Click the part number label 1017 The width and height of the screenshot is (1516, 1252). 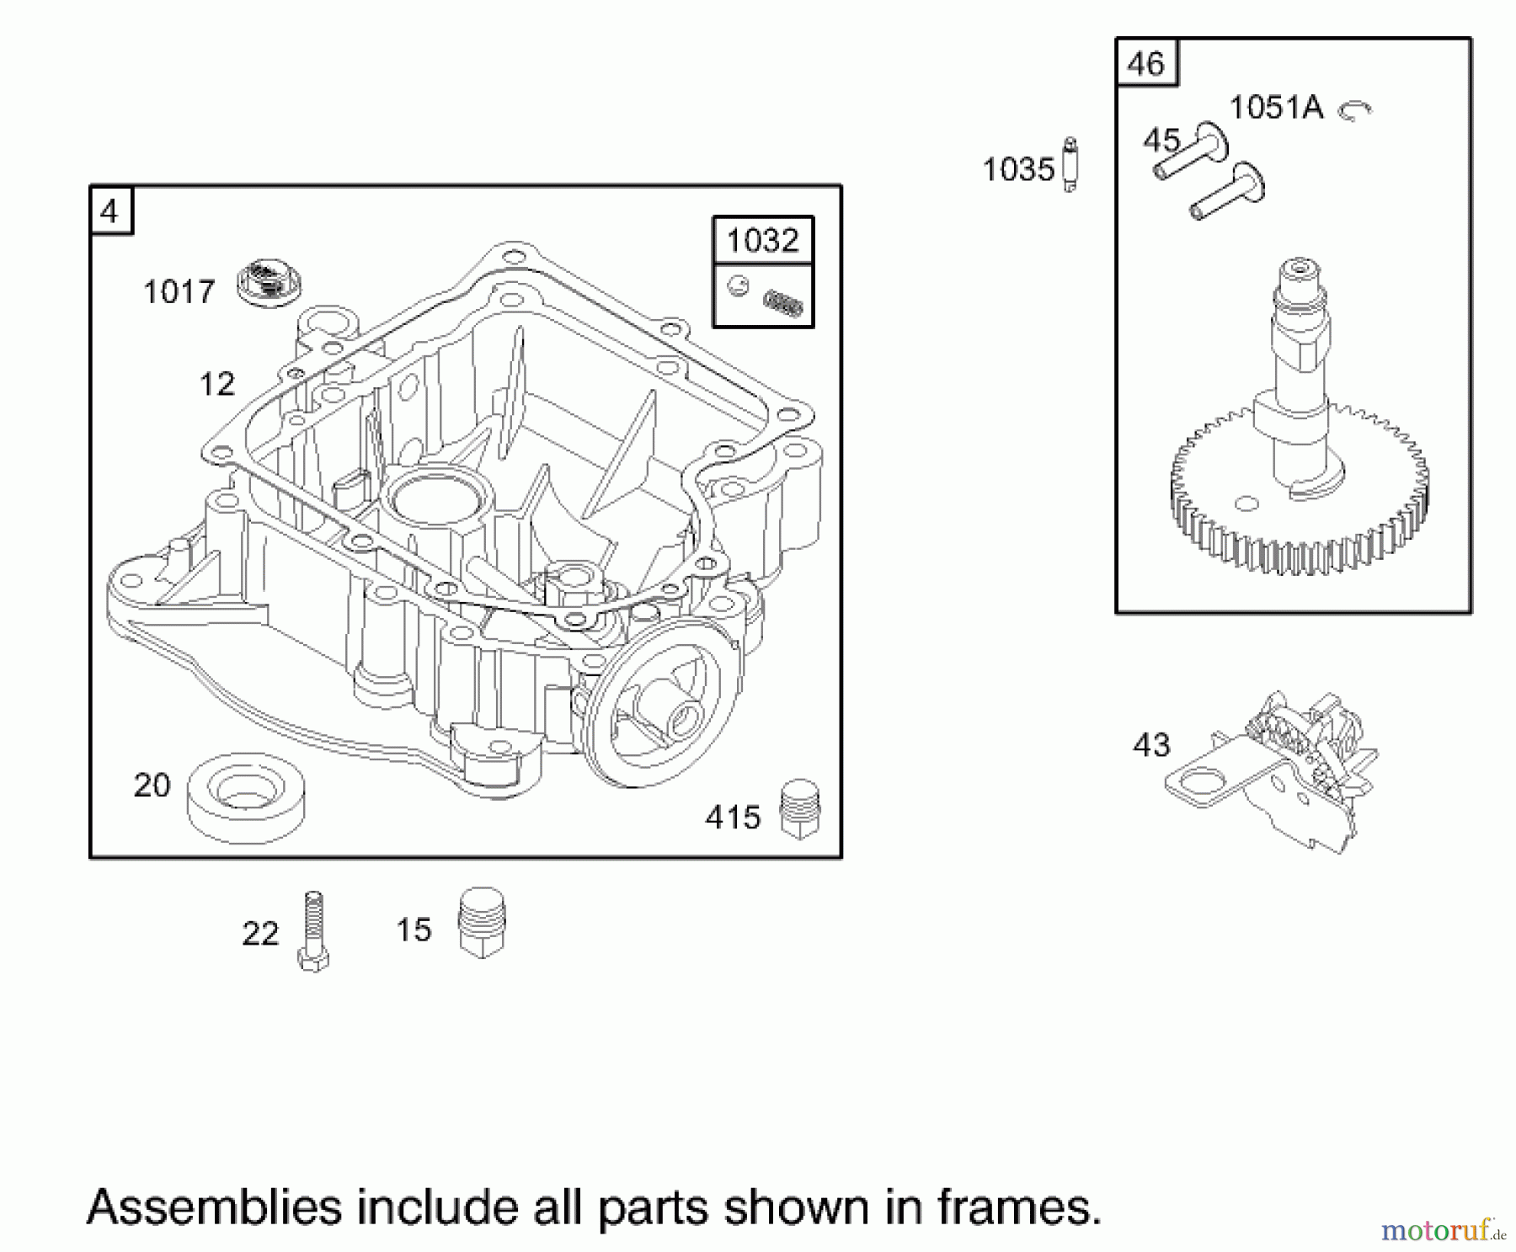[x=179, y=292]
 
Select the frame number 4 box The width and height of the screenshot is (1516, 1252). [x=109, y=210]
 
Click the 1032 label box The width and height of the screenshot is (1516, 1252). [x=762, y=241]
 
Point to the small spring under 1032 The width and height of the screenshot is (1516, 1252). [x=782, y=304]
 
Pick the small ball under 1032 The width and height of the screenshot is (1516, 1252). [x=738, y=286]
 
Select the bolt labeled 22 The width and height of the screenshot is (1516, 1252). [x=312, y=931]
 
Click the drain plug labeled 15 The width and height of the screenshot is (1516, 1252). [x=482, y=922]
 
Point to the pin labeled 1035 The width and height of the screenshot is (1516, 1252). [x=1070, y=165]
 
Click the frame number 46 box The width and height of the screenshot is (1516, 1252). [x=1146, y=63]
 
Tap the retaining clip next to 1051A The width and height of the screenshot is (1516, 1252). [x=1354, y=109]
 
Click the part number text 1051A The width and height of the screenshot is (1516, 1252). [x=1275, y=108]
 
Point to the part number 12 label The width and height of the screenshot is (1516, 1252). [x=216, y=384]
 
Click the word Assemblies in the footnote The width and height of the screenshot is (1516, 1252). [x=214, y=1207]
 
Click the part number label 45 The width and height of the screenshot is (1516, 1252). [x=1161, y=140]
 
